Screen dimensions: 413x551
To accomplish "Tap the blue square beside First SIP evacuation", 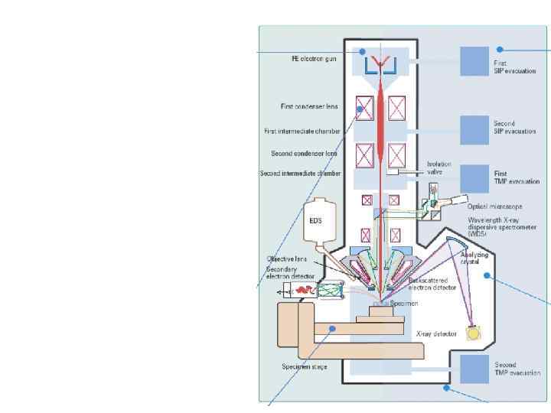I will click(x=474, y=60).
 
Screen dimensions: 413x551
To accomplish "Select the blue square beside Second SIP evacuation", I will click(x=474, y=128).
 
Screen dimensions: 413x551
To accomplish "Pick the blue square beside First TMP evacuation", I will click(x=474, y=177).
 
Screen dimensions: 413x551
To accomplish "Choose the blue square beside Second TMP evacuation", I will click(x=474, y=369).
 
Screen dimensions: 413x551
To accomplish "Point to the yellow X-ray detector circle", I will click(x=474, y=333).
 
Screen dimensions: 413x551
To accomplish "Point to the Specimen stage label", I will click(x=303, y=367).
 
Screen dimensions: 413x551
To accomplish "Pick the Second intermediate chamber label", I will click(x=300, y=174).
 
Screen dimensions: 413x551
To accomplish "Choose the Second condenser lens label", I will click(x=304, y=154).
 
